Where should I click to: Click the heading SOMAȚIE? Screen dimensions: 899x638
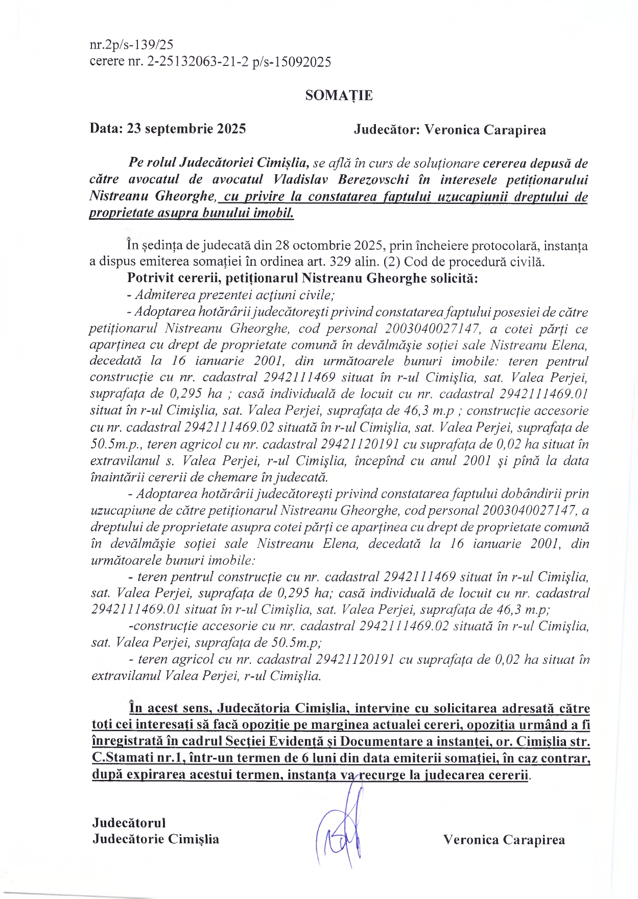338,96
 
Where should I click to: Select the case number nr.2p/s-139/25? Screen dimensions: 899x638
132,45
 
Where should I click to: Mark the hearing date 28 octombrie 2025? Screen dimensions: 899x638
329,246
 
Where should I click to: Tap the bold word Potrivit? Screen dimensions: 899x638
149,279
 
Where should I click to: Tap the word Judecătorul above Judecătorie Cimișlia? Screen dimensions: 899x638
129,822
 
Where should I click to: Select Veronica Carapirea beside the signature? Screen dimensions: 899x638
504,840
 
